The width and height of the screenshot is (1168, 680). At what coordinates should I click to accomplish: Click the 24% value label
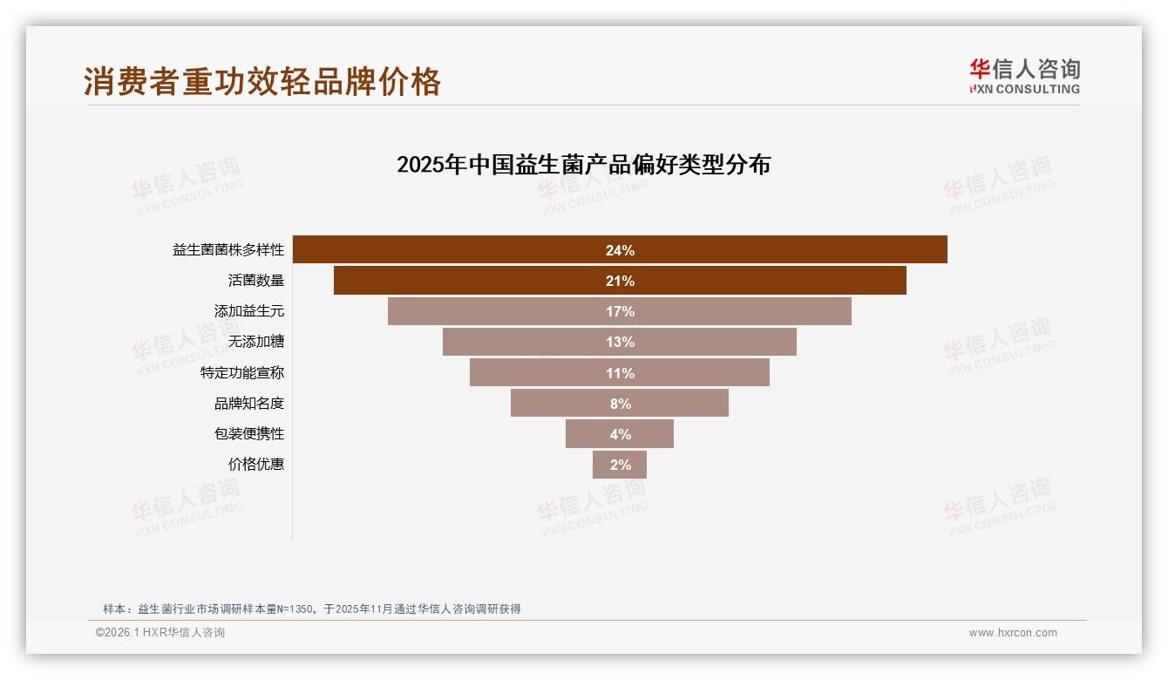tap(620, 250)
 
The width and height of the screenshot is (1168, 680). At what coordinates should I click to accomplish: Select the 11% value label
tap(620, 373)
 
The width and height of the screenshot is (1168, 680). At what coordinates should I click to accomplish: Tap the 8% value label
tap(620, 404)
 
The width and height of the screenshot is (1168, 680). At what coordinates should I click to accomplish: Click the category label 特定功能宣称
tap(241, 373)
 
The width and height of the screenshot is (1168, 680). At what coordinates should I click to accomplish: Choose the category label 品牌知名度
tap(248, 404)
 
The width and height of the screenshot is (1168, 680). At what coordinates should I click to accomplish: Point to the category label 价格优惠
tap(255, 465)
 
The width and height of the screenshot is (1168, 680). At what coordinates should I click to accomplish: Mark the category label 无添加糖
tap(255, 342)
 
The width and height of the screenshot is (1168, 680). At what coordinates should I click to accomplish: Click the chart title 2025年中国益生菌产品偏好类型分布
tap(583, 165)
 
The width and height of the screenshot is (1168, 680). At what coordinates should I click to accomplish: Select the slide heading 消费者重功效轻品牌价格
tap(262, 82)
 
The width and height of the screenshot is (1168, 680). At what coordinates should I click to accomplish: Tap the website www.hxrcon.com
tap(1013, 633)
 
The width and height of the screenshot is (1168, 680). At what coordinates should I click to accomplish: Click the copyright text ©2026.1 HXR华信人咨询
tap(160, 633)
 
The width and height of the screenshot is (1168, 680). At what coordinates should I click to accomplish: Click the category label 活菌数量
tap(255, 281)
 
